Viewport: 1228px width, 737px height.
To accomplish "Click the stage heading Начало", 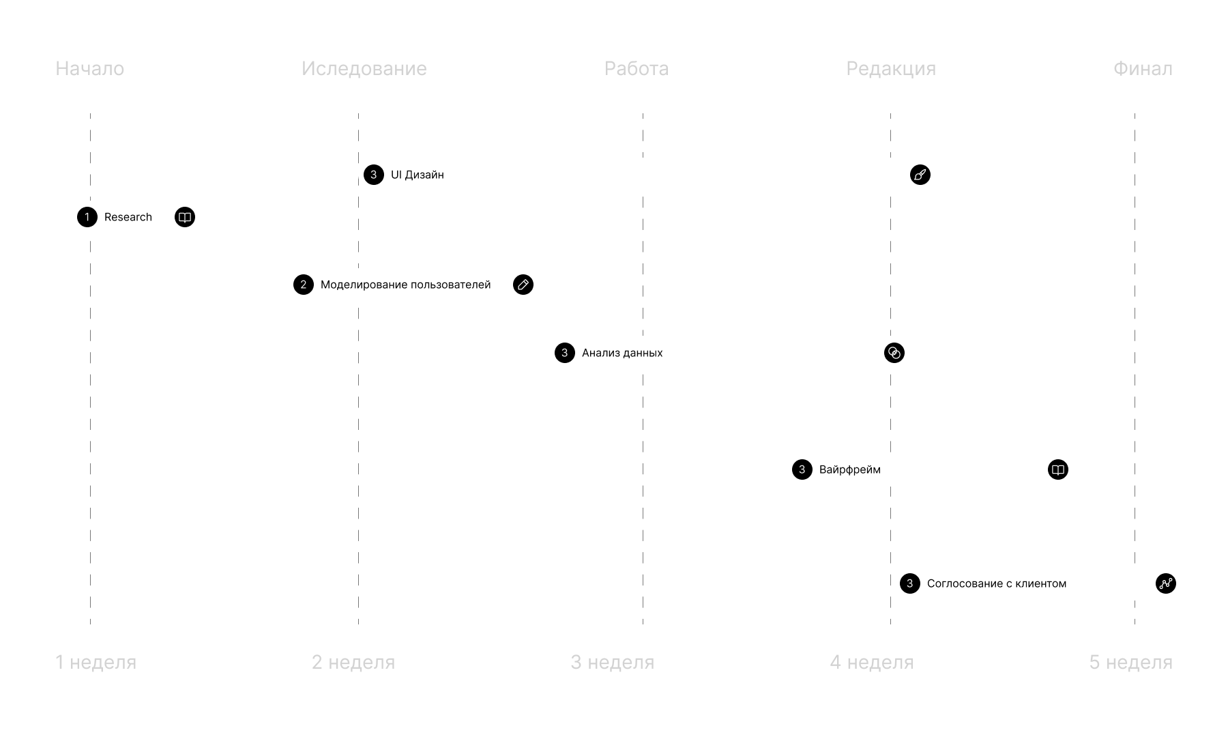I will (x=89, y=69).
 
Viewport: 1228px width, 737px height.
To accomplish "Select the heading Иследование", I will (x=364, y=69).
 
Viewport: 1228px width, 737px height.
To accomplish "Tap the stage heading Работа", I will (x=636, y=69).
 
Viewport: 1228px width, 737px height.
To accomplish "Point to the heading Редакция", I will (x=890, y=69).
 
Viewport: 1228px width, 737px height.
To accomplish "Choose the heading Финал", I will (x=1143, y=69).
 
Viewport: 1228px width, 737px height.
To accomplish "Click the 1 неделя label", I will (x=96, y=662).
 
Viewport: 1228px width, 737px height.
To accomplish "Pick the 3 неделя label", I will (x=612, y=662).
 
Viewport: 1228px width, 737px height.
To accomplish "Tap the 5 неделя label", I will (x=1130, y=662).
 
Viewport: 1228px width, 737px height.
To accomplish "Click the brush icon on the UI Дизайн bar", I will (x=920, y=175).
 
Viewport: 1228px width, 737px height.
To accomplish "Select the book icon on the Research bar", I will (x=184, y=217).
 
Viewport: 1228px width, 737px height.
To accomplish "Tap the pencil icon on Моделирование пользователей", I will (x=523, y=285).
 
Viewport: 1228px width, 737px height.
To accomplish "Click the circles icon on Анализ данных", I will (x=894, y=353).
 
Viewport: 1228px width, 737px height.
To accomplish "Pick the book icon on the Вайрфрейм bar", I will (x=1057, y=469).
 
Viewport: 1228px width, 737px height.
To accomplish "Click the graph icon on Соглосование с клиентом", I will (x=1165, y=583).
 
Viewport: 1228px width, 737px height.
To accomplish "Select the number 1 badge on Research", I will (x=87, y=217).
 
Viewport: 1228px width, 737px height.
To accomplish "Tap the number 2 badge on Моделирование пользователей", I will (x=304, y=285).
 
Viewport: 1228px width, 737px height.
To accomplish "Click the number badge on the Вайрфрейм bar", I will (x=802, y=469).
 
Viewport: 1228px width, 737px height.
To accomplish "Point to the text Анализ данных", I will (x=622, y=353).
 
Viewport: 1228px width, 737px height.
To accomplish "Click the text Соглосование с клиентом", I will (x=996, y=583).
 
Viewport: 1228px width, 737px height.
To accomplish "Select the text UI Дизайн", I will (x=417, y=175).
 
